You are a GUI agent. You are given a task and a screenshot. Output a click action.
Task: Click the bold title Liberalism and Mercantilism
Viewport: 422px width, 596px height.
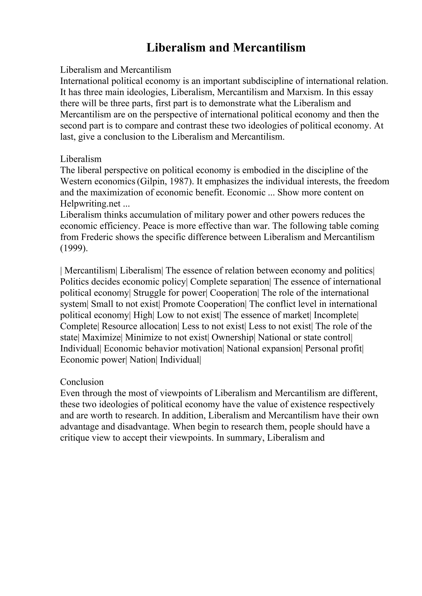point(226,48)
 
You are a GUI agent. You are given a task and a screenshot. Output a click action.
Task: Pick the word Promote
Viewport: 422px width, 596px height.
point(179,304)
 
